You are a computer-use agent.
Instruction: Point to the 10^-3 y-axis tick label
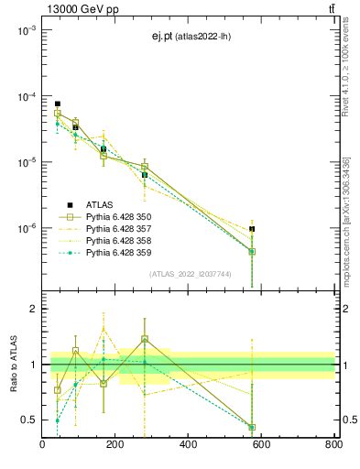pyautogui.click(x=26, y=30)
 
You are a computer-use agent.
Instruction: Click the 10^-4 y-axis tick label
pyautogui.click(x=26, y=96)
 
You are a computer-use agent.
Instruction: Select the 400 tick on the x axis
pyautogui.click(x=188, y=446)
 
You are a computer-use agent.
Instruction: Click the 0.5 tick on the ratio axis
pyautogui.click(x=29, y=420)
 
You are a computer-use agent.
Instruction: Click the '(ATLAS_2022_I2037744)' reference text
pyautogui.click(x=190, y=274)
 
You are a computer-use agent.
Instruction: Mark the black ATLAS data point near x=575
pyautogui.click(x=252, y=229)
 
